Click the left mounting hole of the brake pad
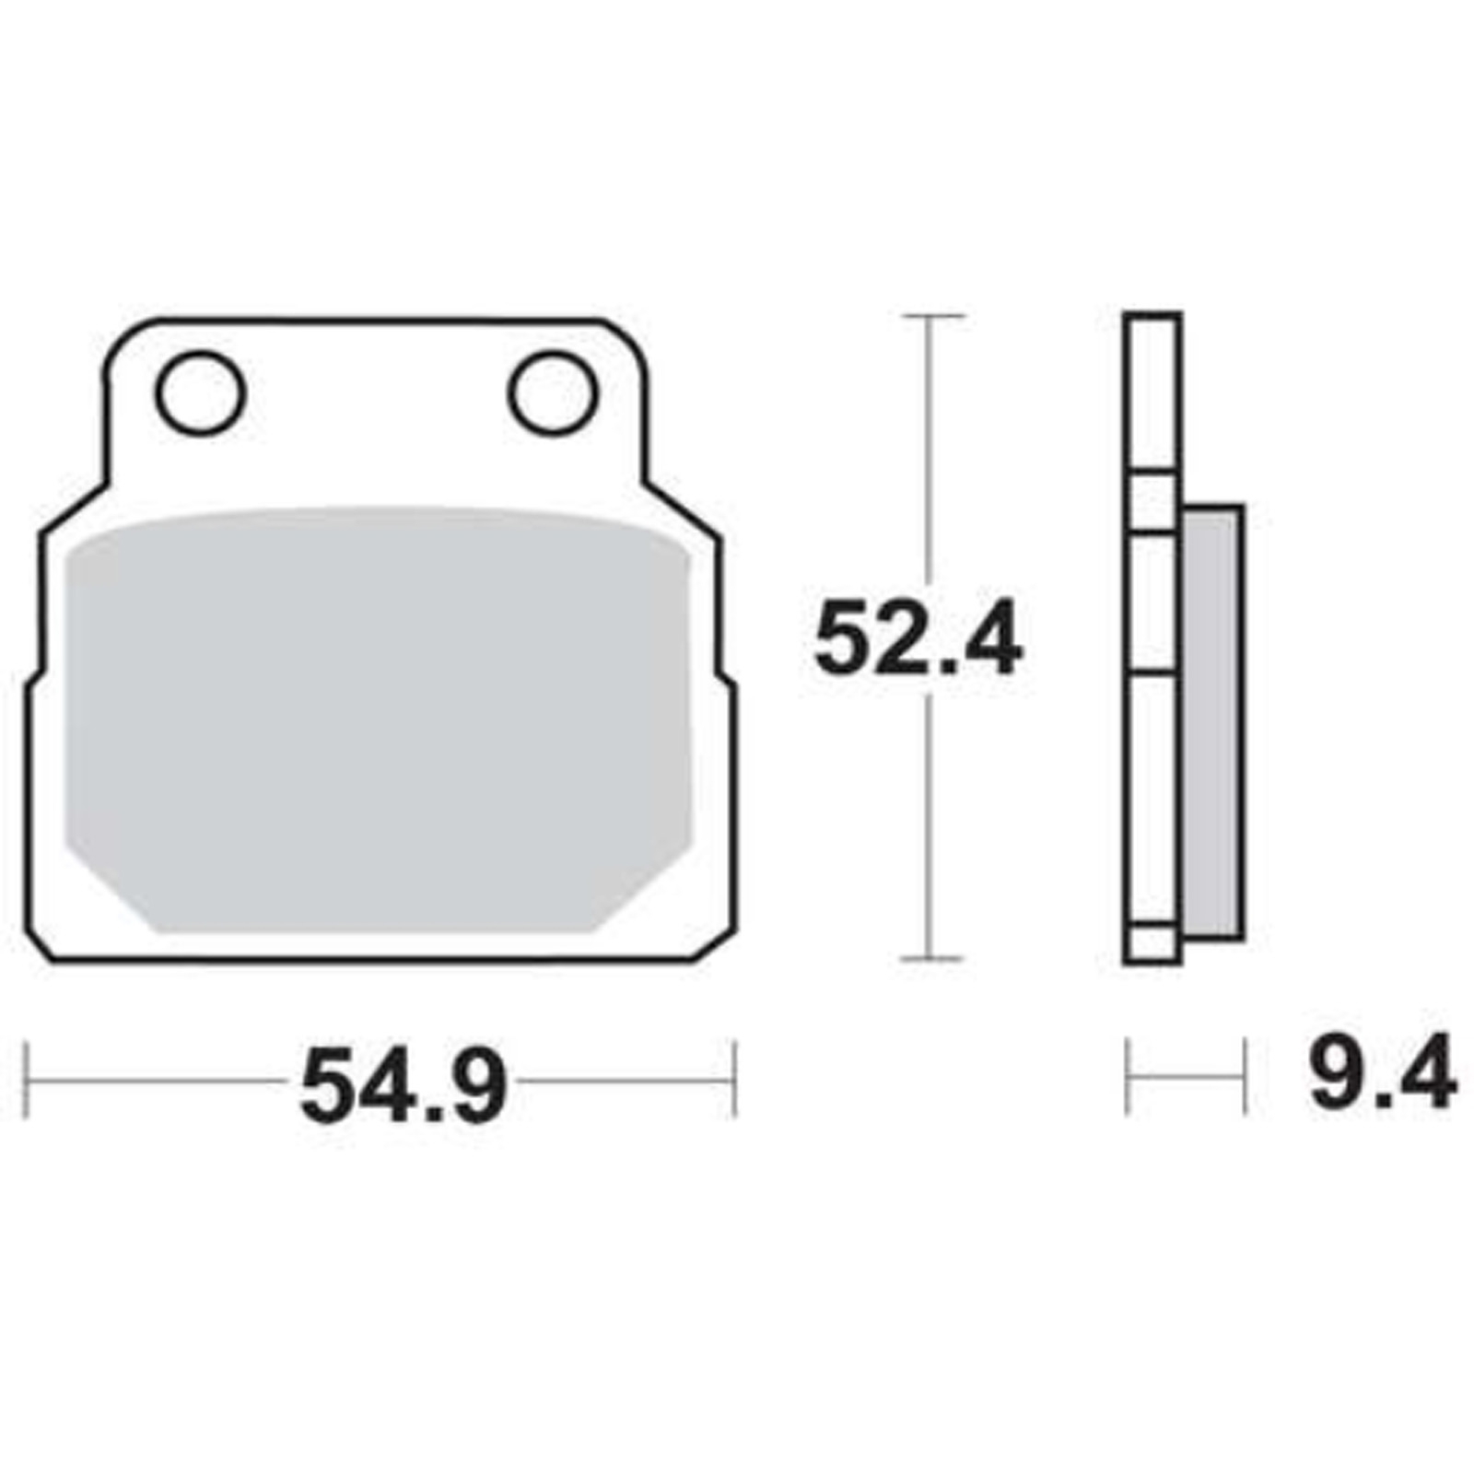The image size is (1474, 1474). tap(201, 393)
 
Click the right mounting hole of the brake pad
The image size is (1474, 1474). tap(553, 393)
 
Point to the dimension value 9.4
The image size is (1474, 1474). tap(1382, 1073)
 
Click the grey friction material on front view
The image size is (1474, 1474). tap(378, 719)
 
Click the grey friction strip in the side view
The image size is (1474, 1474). tap(1212, 723)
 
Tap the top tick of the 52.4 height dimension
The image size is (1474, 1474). tap(932, 316)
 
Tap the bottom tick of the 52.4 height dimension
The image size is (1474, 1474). tap(932, 959)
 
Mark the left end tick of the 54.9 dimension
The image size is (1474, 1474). tap(26, 1080)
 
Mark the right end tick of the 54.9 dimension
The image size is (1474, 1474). tap(734, 1080)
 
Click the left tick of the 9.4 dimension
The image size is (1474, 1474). tap(1127, 1075)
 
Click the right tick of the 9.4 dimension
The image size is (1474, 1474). tap(1244, 1075)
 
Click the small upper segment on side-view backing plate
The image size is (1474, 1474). tap(1152, 503)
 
